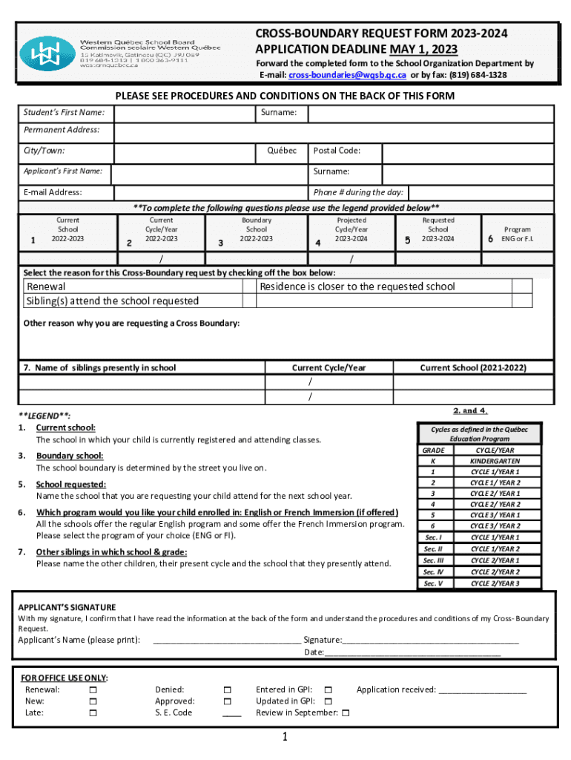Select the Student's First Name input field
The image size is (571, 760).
coord(182,114)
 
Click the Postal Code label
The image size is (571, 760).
coord(337,151)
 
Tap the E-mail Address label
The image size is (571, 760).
coord(53,192)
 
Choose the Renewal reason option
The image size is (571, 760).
coord(46,286)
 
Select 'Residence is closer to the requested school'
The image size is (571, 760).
coord(357,286)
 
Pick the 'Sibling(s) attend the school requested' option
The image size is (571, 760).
coord(113,301)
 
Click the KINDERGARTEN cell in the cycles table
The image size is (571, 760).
coord(495,461)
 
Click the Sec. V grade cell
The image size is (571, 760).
coord(433,583)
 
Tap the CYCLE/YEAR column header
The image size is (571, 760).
coord(495,450)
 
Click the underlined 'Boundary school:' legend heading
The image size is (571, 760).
coord(70,456)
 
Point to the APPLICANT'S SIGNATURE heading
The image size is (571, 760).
coord(67,607)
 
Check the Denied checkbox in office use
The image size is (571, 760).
coord(227,689)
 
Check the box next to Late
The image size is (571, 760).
coord(93,712)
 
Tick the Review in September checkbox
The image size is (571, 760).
coord(346,713)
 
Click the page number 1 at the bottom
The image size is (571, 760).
coord(285,737)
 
